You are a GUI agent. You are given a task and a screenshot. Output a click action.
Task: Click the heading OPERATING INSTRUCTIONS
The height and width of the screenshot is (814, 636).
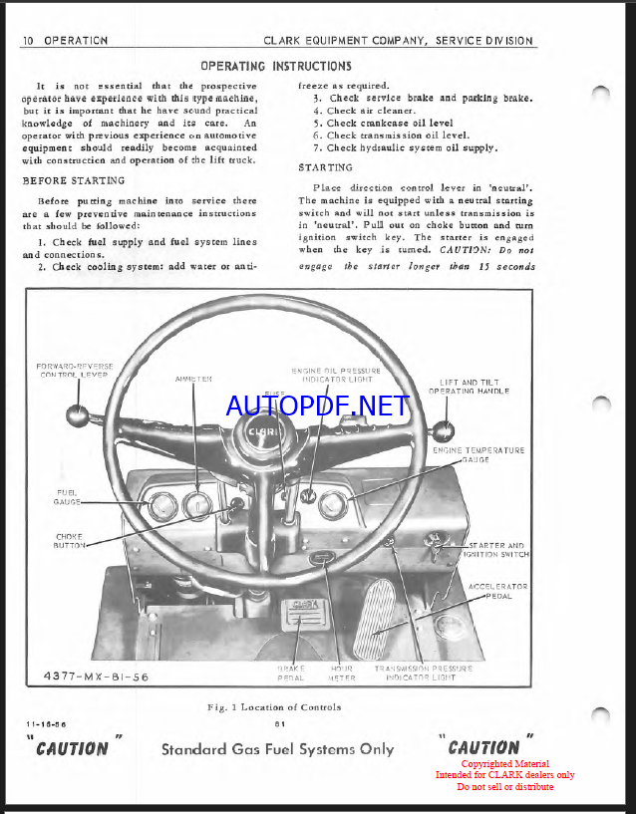[x=276, y=66]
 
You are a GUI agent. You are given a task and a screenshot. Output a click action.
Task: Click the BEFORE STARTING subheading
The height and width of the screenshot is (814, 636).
[x=74, y=180]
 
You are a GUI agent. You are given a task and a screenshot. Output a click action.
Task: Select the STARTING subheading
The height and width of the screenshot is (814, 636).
[x=325, y=167]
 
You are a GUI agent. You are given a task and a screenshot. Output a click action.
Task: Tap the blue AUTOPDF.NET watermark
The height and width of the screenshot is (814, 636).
[x=317, y=406]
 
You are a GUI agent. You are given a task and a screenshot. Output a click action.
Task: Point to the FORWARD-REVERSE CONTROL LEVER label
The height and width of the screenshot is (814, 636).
[x=75, y=372]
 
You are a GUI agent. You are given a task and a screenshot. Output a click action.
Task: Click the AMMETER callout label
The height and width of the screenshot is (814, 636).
[x=194, y=379]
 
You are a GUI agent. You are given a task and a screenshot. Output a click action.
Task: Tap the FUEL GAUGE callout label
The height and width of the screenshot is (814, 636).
[x=68, y=496]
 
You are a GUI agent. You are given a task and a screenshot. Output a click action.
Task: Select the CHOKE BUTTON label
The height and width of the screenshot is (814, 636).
[x=70, y=540]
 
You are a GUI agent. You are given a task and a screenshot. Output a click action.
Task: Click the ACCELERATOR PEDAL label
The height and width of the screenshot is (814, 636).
[x=497, y=591]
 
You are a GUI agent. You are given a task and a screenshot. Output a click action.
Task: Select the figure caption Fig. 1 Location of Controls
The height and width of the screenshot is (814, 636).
[x=273, y=706]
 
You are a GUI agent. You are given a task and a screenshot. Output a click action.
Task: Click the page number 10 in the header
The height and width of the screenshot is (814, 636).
[x=29, y=41]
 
